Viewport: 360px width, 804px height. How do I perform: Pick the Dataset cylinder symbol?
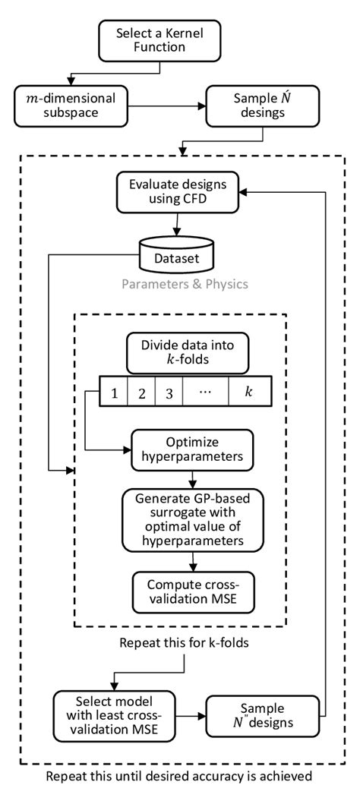coord(179,255)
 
